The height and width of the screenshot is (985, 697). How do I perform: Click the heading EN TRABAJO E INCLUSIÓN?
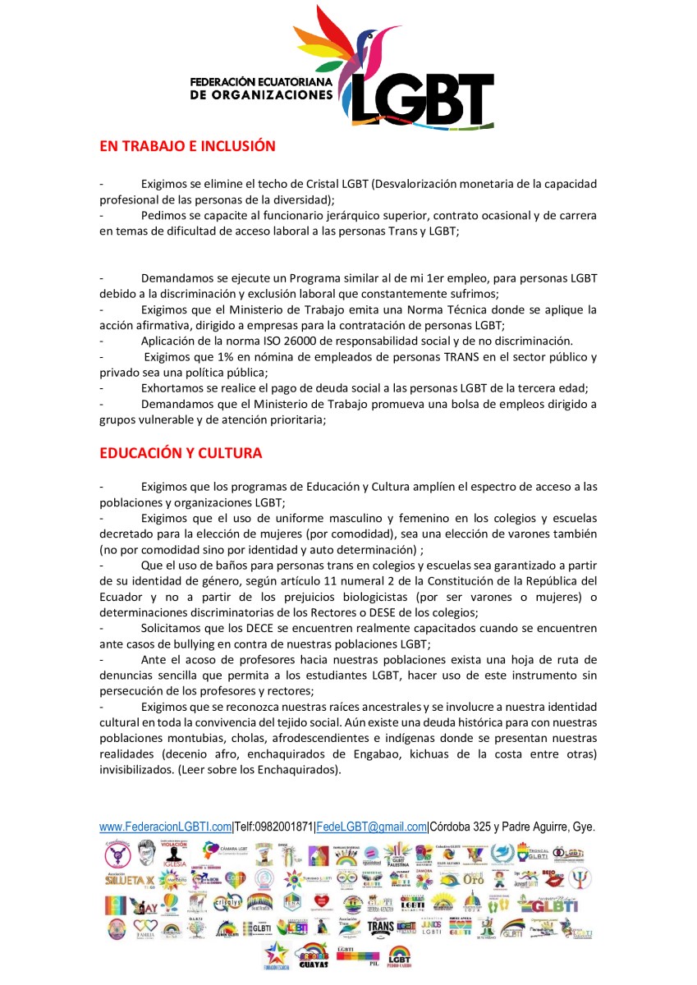point(187,147)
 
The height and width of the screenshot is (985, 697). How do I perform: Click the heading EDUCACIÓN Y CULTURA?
point(181,453)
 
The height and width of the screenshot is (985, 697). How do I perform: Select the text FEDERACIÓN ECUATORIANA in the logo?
point(261,83)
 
